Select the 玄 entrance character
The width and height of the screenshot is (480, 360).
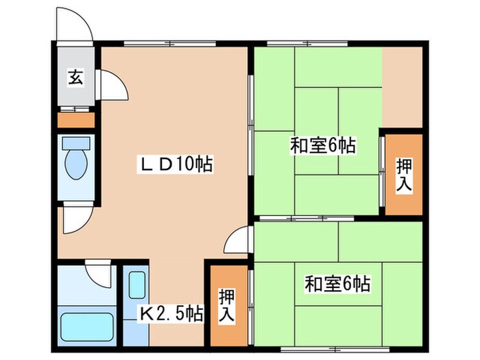pos(75,77)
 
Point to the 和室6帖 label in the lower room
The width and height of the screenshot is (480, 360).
pos(337,283)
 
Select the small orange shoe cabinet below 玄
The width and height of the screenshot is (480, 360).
pos(75,121)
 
